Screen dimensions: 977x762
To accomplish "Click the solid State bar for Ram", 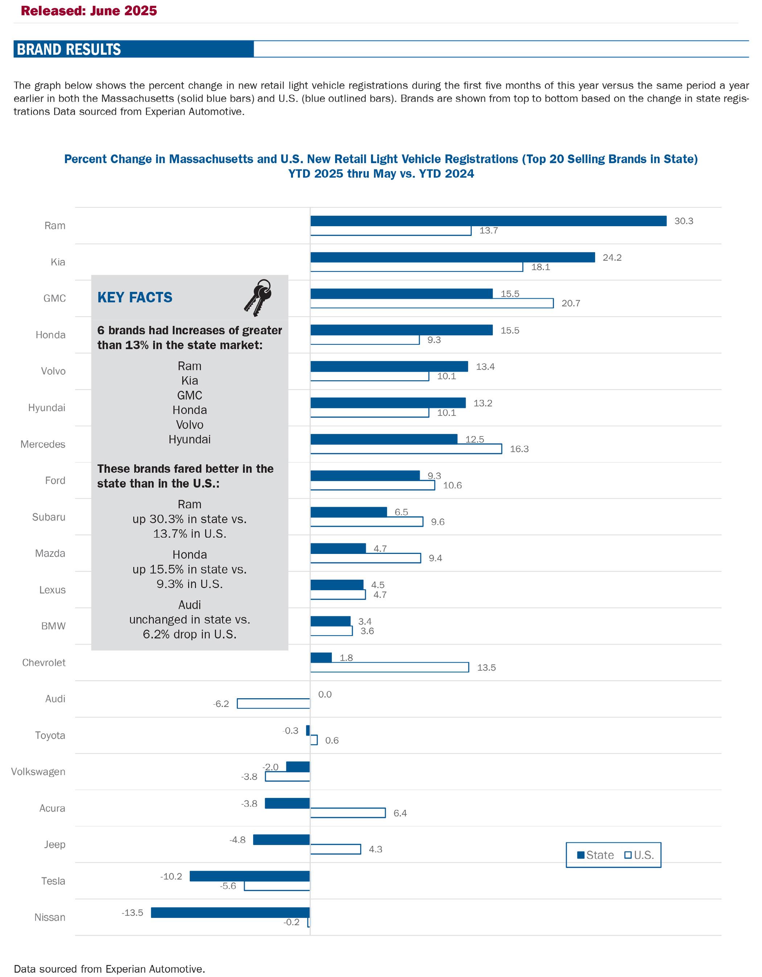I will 488,221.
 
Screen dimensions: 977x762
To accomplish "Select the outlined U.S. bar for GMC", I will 432,303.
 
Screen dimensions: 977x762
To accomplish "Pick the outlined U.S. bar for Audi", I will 273,704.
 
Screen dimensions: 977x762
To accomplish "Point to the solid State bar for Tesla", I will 250,876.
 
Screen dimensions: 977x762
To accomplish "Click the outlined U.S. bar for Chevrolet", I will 389,667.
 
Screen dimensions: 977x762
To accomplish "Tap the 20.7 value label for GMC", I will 571,303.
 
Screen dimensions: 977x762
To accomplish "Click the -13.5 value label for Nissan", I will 132,912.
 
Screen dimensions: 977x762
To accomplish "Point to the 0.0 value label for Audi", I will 325,694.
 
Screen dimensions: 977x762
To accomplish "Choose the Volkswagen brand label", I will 38,772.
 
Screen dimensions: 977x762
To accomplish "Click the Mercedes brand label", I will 43,444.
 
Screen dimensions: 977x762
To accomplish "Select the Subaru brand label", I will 49,517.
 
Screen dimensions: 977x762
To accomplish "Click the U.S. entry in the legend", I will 639,855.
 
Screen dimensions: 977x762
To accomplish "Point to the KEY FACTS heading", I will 135,298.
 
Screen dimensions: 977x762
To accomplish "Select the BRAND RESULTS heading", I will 69,49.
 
